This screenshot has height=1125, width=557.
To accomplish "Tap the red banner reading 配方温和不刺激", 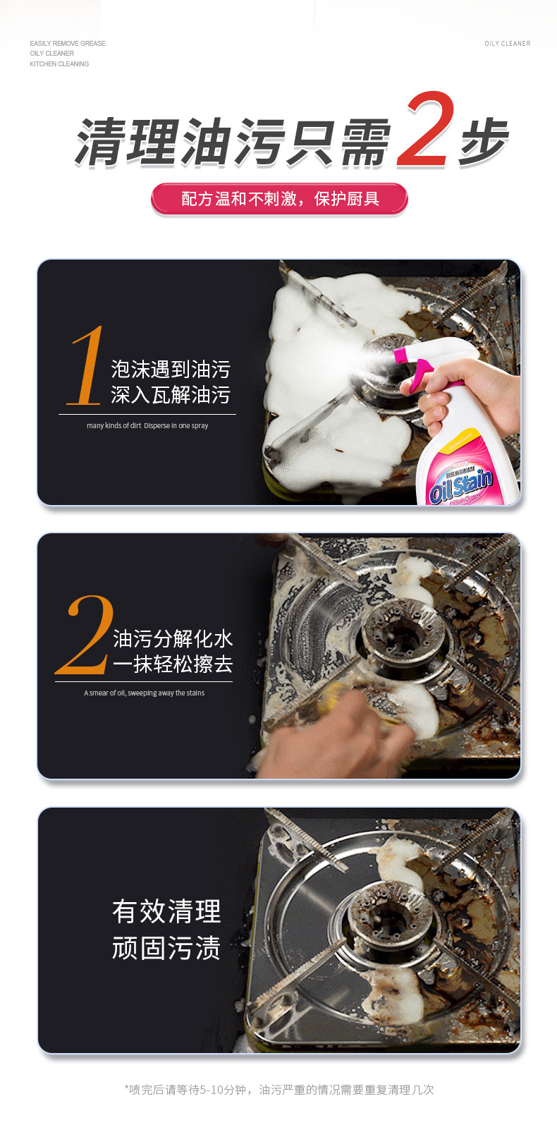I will tap(279, 199).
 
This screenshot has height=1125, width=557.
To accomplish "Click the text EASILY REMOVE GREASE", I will tap(68, 44).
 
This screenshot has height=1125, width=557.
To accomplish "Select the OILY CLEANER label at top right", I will tap(507, 44).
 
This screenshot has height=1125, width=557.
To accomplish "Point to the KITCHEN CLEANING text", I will tap(59, 64).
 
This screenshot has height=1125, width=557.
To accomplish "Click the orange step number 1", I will tap(86, 367).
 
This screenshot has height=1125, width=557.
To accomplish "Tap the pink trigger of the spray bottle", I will tap(424, 370).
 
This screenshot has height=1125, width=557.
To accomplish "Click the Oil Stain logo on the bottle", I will tap(461, 485).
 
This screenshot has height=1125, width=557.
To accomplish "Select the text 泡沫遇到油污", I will tap(171, 369).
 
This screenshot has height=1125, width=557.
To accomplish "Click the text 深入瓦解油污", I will tap(171, 395).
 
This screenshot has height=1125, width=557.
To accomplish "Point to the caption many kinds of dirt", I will tap(147, 426).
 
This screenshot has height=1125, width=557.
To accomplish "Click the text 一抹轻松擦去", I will tap(173, 664).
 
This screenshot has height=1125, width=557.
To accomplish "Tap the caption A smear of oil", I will tap(145, 693).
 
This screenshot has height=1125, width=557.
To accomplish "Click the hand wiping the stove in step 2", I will tap(331, 741).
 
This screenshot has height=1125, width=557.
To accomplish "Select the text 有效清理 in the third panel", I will tap(166, 911).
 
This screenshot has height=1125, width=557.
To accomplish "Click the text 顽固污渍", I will tap(166, 948).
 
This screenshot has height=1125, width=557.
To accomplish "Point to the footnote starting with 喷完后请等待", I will tap(279, 1090).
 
